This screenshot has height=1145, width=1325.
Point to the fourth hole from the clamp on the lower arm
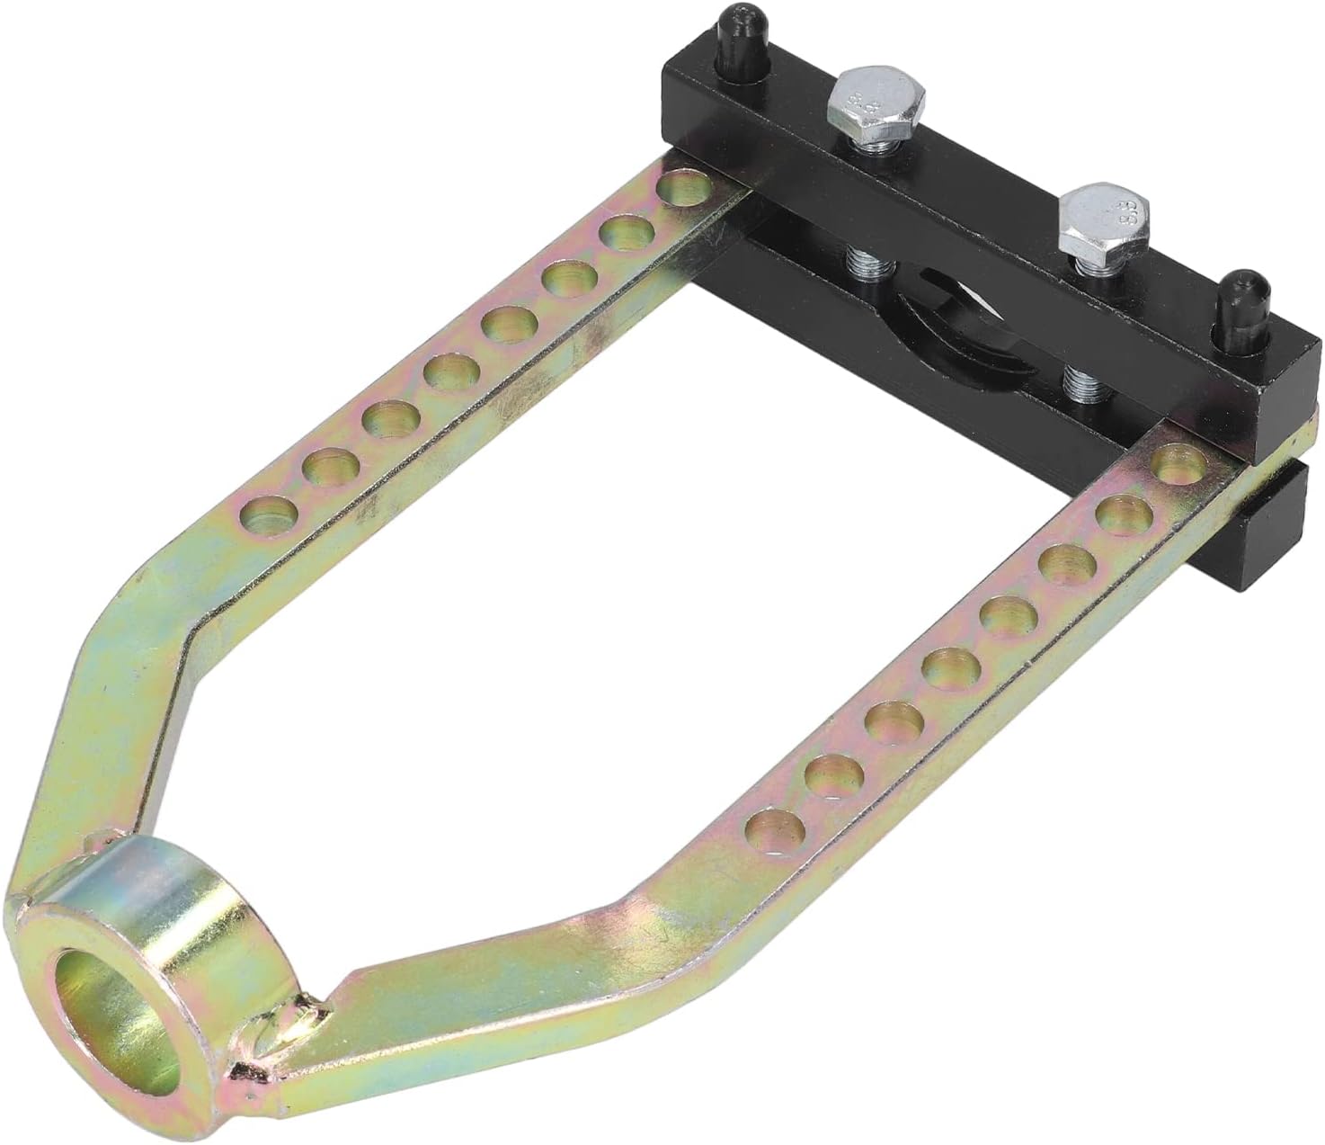pos(1000,618)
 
